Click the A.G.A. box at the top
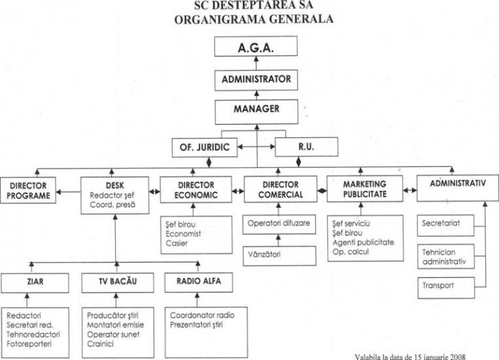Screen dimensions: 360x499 click(x=256, y=48)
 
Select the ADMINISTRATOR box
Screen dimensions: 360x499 click(x=256, y=80)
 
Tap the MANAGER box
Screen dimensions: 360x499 click(x=256, y=109)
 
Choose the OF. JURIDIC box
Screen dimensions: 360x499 click(x=204, y=146)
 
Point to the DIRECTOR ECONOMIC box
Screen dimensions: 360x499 click(x=197, y=190)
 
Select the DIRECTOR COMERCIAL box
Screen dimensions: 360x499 click(x=280, y=190)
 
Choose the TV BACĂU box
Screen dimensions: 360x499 click(x=114, y=280)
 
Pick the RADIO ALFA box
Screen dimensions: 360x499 click(x=197, y=280)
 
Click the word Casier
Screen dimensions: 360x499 click(x=176, y=243)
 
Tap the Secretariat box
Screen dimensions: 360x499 click(x=449, y=223)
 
